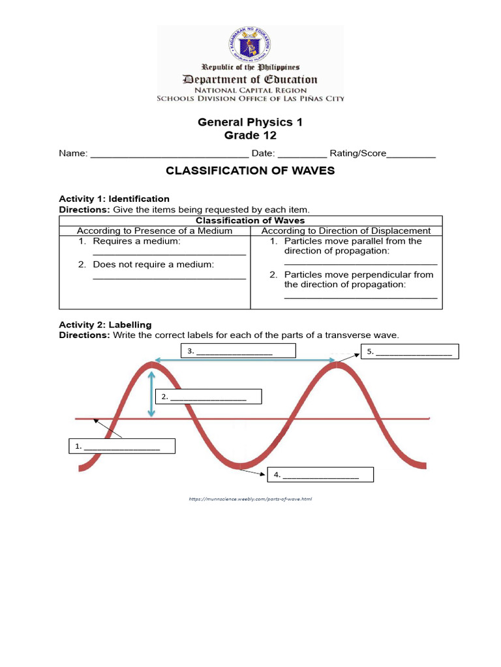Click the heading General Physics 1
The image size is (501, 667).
click(x=250, y=122)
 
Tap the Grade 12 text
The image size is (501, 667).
click(x=250, y=135)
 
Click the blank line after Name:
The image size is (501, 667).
click(x=169, y=155)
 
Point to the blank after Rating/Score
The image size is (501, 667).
click(x=411, y=155)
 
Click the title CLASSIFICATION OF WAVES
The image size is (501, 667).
click(x=250, y=171)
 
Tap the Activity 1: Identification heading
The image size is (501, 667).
click(x=114, y=199)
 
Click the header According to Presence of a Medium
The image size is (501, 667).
click(x=155, y=231)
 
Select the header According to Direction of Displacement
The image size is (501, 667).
click(x=346, y=231)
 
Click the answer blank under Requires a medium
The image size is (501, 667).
click(x=169, y=253)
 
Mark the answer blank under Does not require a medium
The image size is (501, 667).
click(x=169, y=277)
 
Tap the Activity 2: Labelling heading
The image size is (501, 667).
click(x=105, y=324)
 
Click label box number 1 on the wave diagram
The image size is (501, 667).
click(x=122, y=446)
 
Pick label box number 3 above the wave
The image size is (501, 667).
click(x=238, y=351)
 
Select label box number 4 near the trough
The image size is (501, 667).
click(x=321, y=475)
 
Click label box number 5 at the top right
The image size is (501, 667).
click(x=411, y=352)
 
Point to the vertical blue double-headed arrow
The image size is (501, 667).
click(x=152, y=394)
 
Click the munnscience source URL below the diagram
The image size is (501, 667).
click(x=250, y=499)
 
